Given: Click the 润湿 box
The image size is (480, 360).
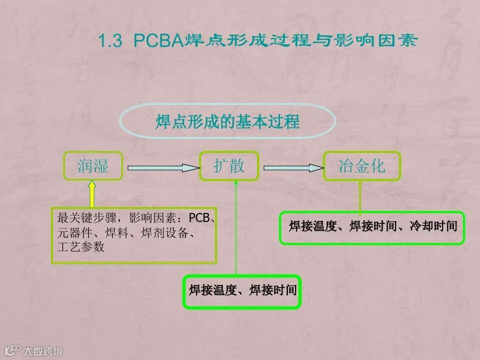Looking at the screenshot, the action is (x=93, y=166).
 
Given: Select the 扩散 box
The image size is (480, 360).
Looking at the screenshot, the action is (x=229, y=166).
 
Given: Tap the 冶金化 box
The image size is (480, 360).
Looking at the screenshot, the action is (x=362, y=166).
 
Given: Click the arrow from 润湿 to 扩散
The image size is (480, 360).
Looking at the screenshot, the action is (x=160, y=168).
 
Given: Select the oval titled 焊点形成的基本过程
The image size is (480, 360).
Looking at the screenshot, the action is (x=227, y=122).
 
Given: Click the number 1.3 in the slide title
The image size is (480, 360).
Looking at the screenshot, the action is (x=110, y=41).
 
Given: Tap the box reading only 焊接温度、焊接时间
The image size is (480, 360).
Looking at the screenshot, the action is (x=242, y=290).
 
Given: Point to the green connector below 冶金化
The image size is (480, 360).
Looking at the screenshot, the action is (x=360, y=197).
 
